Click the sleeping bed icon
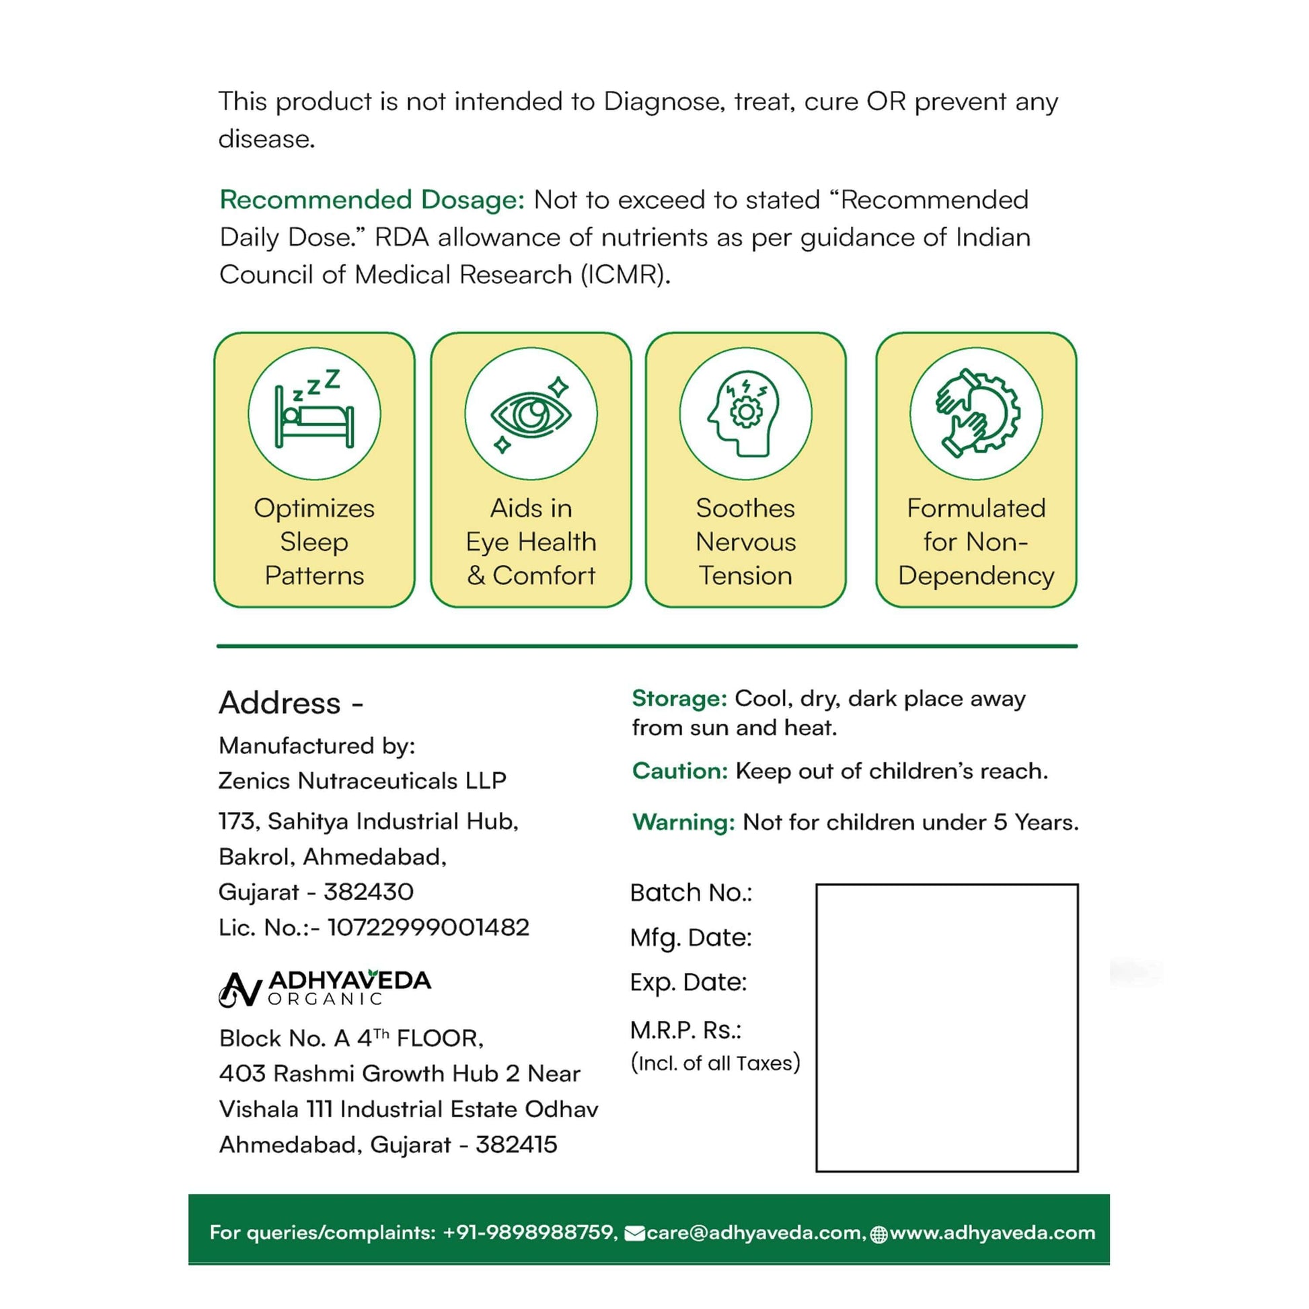[313, 412]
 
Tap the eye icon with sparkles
[531, 414]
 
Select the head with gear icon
[745, 414]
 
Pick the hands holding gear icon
[975, 414]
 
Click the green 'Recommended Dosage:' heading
[372, 200]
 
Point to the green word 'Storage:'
[679, 698]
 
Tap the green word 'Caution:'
[679, 770]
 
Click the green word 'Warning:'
[683, 822]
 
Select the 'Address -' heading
[291, 703]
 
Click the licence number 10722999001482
[428, 927]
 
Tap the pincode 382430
[369, 892]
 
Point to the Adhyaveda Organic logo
[324, 989]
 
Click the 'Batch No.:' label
[691, 893]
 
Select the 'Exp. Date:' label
[688, 982]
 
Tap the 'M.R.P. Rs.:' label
[685, 1030]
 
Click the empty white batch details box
[946, 1027]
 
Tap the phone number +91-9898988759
[529, 1232]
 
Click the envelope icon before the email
[634, 1233]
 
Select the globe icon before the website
[878, 1234]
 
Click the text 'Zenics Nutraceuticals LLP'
[363, 780]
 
